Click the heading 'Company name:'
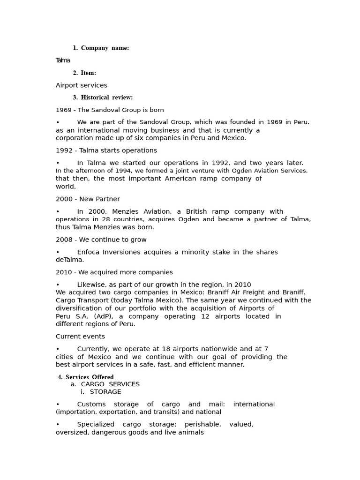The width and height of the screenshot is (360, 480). point(105,48)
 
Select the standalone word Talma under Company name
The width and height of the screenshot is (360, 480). point(63,60)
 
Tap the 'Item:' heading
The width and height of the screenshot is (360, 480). point(88,73)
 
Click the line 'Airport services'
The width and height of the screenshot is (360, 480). point(81,85)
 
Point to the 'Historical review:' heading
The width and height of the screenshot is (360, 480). point(106,97)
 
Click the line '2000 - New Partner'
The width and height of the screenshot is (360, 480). point(88,199)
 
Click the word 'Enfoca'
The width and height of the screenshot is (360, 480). point(89,252)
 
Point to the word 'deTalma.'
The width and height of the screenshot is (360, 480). point(70,260)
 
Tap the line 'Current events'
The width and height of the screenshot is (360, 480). point(80,337)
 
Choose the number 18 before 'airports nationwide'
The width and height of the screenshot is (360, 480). point(192,349)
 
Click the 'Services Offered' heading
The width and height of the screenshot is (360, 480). point(90,377)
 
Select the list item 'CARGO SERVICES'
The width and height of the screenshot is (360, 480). point(110,384)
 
